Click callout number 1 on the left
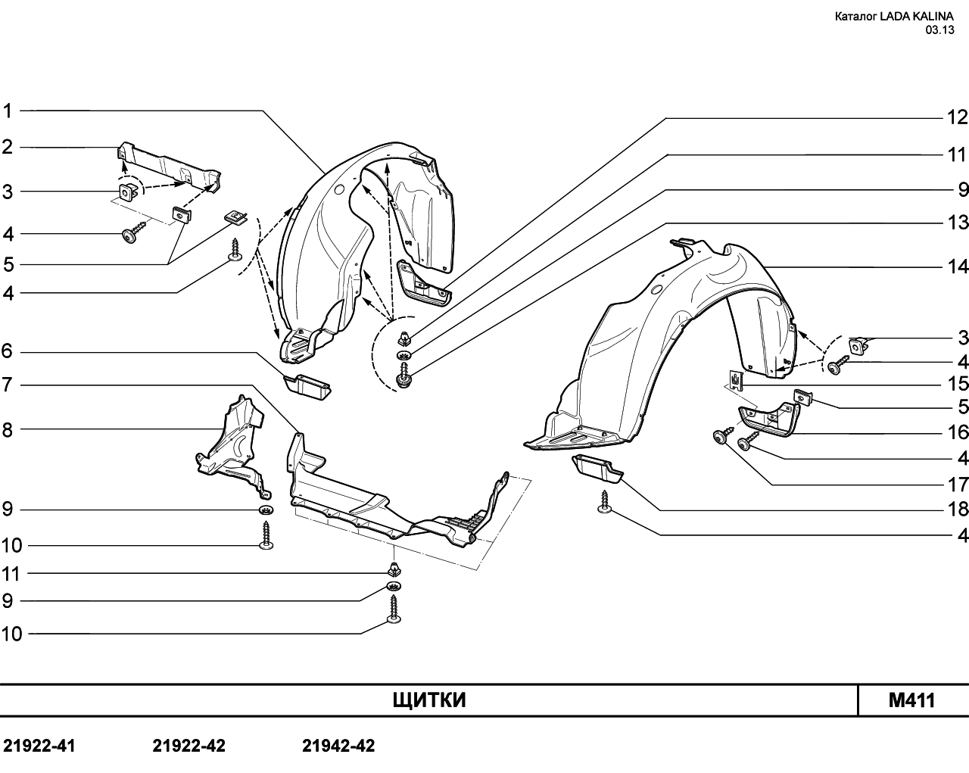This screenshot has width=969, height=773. [x=8, y=111]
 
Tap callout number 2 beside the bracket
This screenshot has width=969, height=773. [x=8, y=147]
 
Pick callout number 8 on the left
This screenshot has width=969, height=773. [x=8, y=430]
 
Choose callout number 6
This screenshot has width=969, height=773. [x=8, y=351]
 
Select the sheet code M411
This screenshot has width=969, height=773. [x=911, y=701]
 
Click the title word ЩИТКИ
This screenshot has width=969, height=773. [x=429, y=700]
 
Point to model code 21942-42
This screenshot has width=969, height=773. [x=338, y=746]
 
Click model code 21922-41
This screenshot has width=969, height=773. [x=39, y=746]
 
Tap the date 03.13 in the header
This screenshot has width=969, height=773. [x=939, y=30]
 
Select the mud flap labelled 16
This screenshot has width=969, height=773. [x=768, y=419]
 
